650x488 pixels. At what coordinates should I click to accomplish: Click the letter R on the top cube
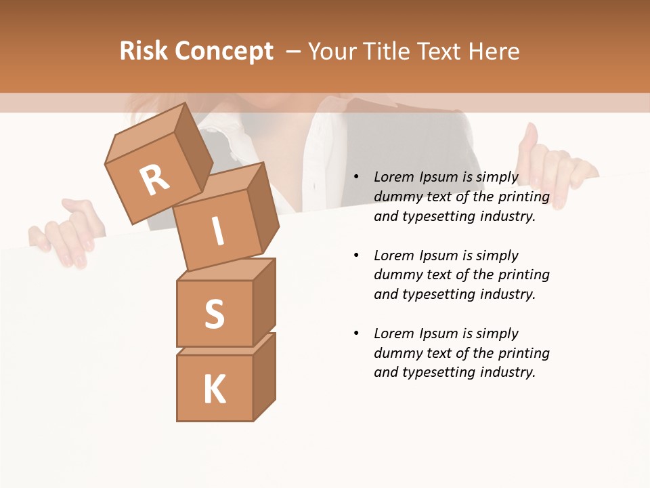coord(154,180)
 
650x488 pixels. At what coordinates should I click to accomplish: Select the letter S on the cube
coord(215,314)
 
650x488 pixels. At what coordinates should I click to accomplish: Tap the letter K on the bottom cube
coord(215,389)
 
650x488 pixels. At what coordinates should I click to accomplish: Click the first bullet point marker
coord(357,178)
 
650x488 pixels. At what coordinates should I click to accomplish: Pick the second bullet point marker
coord(357,256)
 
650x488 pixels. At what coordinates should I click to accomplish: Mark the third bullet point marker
coord(357,333)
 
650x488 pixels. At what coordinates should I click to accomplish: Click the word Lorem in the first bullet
coord(393,178)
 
